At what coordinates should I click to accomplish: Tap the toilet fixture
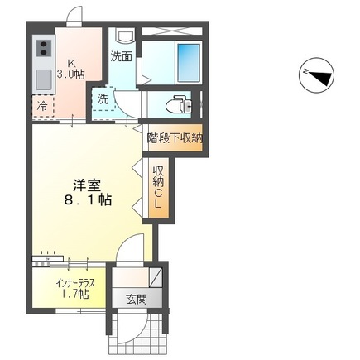pos(178,105)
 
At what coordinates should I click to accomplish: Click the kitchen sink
pos(42,80)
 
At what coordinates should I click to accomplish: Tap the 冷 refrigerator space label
pos(41,106)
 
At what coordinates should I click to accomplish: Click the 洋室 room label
pos(81,184)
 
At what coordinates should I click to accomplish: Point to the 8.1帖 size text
pos(86,201)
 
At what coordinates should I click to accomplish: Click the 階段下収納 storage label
pos(175,138)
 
